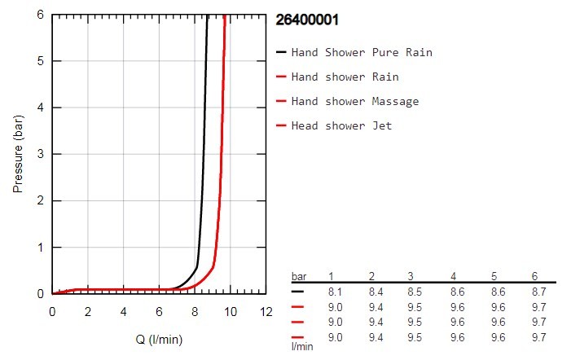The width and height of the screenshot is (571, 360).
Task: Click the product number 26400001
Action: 307,18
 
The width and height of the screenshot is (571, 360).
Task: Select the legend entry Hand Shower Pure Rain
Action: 362,52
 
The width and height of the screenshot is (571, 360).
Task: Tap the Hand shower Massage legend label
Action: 355,101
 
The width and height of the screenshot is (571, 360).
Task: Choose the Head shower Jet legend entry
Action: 342,125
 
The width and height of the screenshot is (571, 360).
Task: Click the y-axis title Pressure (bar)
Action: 18,154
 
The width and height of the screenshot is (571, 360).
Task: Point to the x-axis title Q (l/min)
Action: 160,338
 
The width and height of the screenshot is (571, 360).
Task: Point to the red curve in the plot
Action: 222,163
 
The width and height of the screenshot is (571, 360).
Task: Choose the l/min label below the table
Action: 303,346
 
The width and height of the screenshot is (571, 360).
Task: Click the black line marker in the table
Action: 299,290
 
